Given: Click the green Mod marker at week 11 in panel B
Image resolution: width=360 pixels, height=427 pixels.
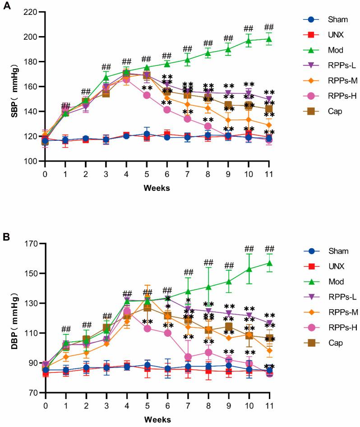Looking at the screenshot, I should (x=269, y=263).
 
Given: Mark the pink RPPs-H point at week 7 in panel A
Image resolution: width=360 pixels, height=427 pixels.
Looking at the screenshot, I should (x=187, y=119).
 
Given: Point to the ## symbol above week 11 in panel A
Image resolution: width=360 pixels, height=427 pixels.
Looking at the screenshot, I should (x=269, y=27).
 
